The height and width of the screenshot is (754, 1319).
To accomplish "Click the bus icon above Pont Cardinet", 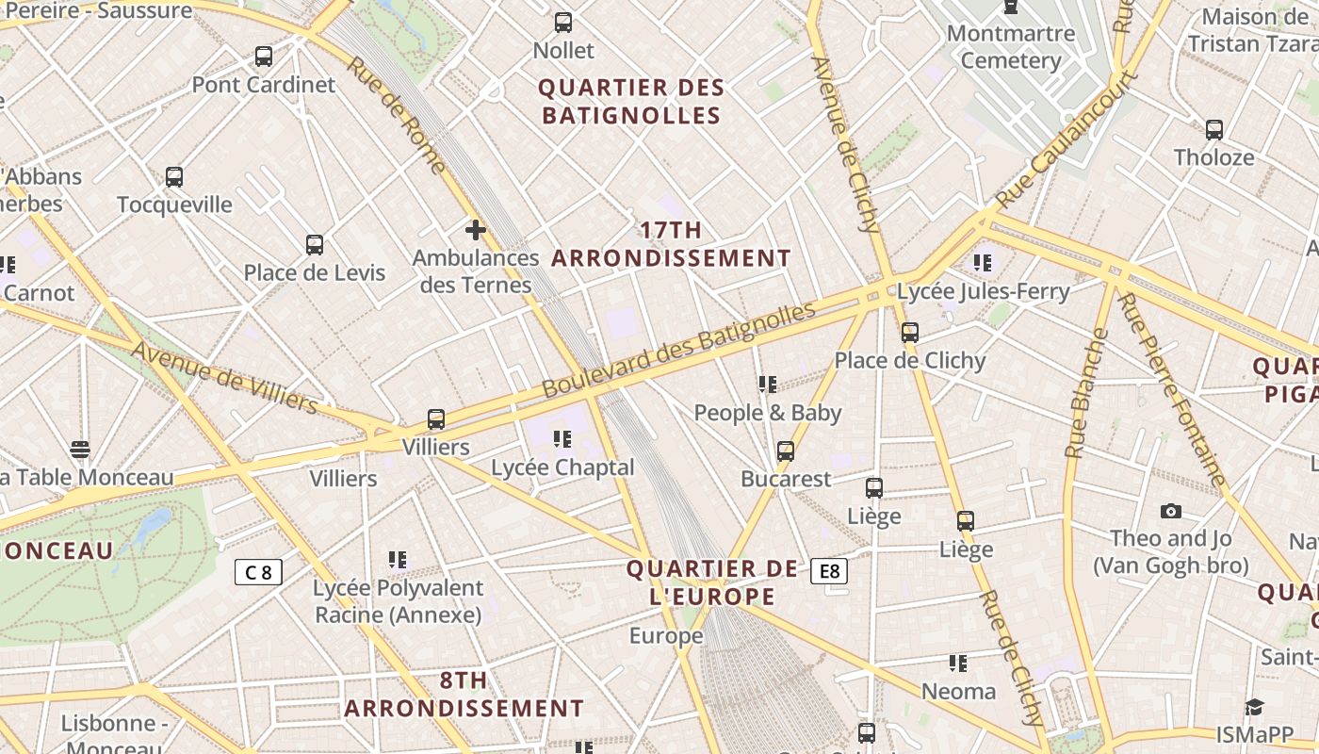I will coord(264,57).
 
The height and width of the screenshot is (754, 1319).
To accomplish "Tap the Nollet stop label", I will coord(563,50).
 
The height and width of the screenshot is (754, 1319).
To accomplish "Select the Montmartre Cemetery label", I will coord(1011,47).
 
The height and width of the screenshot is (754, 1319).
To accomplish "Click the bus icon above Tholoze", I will coord(1214,130).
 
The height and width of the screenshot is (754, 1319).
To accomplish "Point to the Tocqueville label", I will coord(174,205).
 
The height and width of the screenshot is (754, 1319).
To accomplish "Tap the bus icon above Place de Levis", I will coord(315,245).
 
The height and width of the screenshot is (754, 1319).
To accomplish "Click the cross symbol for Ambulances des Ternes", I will coord(476,229).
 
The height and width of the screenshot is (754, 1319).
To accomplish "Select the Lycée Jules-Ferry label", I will coord(984,291).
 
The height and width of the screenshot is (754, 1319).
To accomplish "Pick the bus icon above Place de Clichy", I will coord(909,332).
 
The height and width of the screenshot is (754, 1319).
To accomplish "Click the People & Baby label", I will coord(768,413).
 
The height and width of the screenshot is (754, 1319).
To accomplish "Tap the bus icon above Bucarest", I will coord(786,451).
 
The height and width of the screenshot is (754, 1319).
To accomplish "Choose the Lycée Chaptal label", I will coord(563,467).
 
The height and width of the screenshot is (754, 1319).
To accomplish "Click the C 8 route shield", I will coord(258,572).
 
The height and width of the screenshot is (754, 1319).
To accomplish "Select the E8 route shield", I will coord(829,571).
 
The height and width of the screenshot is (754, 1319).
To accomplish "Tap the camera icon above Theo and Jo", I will coord(1171,511).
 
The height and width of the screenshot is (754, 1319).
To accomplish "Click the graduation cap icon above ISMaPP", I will coord(1254,707).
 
